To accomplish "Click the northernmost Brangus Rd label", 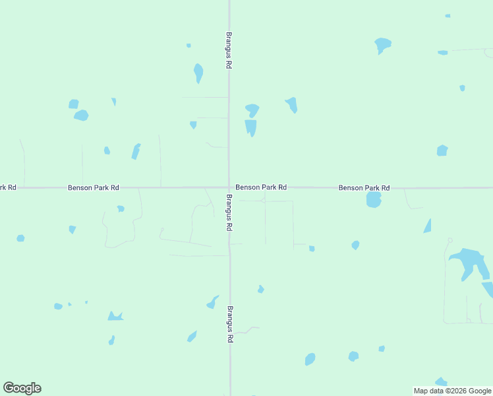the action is pyautogui.click(x=229, y=50).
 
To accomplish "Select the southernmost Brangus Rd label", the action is pyautogui.click(x=230, y=323).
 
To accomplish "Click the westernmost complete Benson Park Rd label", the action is pyautogui.click(x=94, y=188).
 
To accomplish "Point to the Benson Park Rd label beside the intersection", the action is pyautogui.click(x=261, y=187).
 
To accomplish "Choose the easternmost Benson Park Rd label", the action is pyautogui.click(x=364, y=188).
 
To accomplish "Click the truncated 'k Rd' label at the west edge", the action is pyautogui.click(x=7, y=187).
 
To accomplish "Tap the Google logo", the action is pyautogui.click(x=22, y=388).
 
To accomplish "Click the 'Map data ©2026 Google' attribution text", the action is pyautogui.click(x=452, y=391).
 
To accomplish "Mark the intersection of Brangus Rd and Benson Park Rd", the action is pyautogui.click(x=229, y=187).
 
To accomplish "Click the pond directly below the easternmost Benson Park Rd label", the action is pyautogui.click(x=374, y=200).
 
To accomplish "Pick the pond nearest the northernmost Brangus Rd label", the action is pyautogui.click(x=198, y=72).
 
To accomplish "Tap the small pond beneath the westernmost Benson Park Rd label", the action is pyautogui.click(x=121, y=209).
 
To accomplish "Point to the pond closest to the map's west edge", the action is pyautogui.click(x=20, y=238).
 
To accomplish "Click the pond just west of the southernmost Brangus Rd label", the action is pyautogui.click(x=213, y=302).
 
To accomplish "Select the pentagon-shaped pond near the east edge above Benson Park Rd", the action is pyautogui.click(x=442, y=150).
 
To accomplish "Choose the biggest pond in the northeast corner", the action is pyautogui.click(x=382, y=46).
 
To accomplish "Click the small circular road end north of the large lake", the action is pyautogui.click(x=449, y=240).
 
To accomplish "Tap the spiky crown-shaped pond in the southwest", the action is pyautogui.click(x=115, y=316).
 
